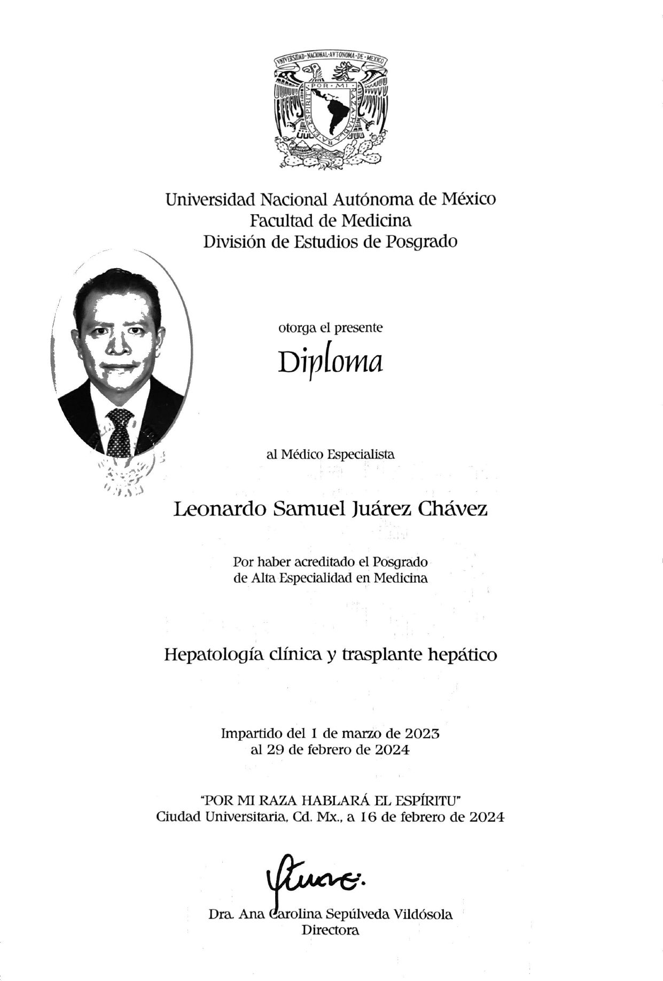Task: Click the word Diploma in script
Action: (330, 363)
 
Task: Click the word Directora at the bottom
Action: (331, 930)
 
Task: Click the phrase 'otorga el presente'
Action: (330, 327)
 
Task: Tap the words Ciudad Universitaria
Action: (222, 817)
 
